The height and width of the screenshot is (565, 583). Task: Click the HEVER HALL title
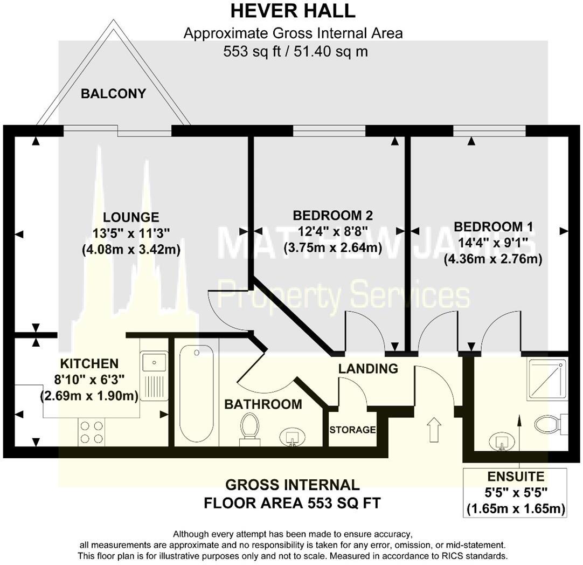coord(293,11)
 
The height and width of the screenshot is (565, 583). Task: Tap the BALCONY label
coord(113,93)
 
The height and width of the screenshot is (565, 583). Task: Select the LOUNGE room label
coord(131,217)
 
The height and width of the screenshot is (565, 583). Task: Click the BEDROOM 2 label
coord(333,215)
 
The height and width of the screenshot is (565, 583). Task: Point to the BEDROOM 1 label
coord(494,226)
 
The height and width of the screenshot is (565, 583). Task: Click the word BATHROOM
coord(263,404)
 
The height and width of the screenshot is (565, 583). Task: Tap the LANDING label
coord(368,368)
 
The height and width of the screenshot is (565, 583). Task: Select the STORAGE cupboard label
coord(352,430)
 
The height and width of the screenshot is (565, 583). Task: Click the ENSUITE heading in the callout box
coord(516,476)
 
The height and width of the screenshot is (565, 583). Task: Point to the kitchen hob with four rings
coord(92,432)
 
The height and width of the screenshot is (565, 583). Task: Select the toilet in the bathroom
coord(249,429)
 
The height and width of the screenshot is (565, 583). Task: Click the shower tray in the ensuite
coord(547,379)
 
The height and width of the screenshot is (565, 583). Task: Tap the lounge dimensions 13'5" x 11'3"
coord(131,233)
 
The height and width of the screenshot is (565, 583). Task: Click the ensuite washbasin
coord(502,442)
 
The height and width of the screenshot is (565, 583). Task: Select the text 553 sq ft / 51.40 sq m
coord(296,51)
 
